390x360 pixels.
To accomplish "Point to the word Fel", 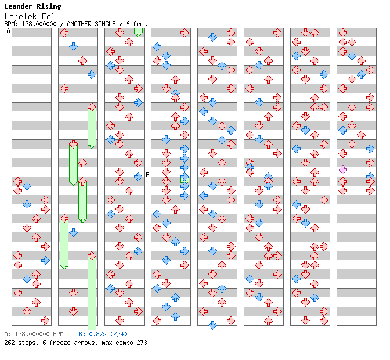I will [x=49, y=16].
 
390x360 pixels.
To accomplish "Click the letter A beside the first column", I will [x=8, y=31].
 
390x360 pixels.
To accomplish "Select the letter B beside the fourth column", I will [x=147, y=175].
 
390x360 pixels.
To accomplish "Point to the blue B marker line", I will [x=168, y=172].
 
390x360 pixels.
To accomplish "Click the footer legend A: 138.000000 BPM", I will [x=34, y=334].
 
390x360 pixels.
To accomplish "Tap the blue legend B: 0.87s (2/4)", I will [x=103, y=334].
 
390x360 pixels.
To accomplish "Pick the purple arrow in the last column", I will [x=343, y=170].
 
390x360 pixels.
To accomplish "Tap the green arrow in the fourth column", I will [x=185, y=180].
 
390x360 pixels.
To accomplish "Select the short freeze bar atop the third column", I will [x=138, y=32].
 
